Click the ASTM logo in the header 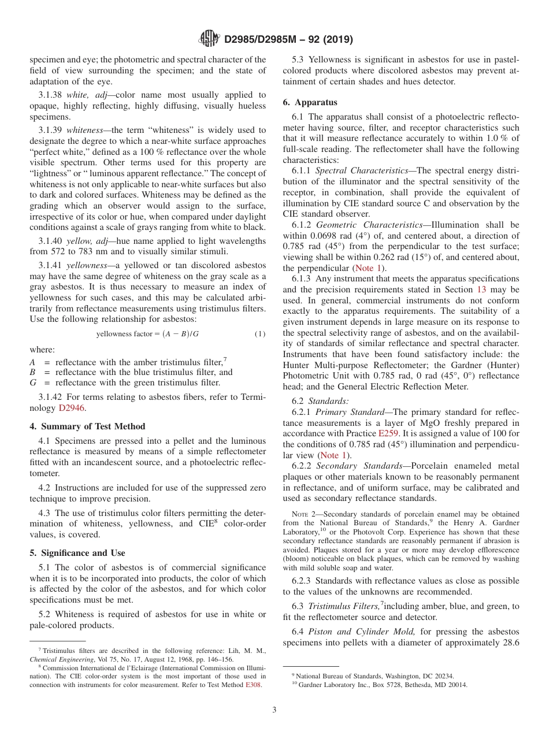209,39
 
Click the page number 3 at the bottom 274,710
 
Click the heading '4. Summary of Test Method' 87,426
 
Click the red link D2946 72,408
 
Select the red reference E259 388,433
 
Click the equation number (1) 259,334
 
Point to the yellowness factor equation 147,334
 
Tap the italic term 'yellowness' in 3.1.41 86,265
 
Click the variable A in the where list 33,362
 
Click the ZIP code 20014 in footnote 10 457,685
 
